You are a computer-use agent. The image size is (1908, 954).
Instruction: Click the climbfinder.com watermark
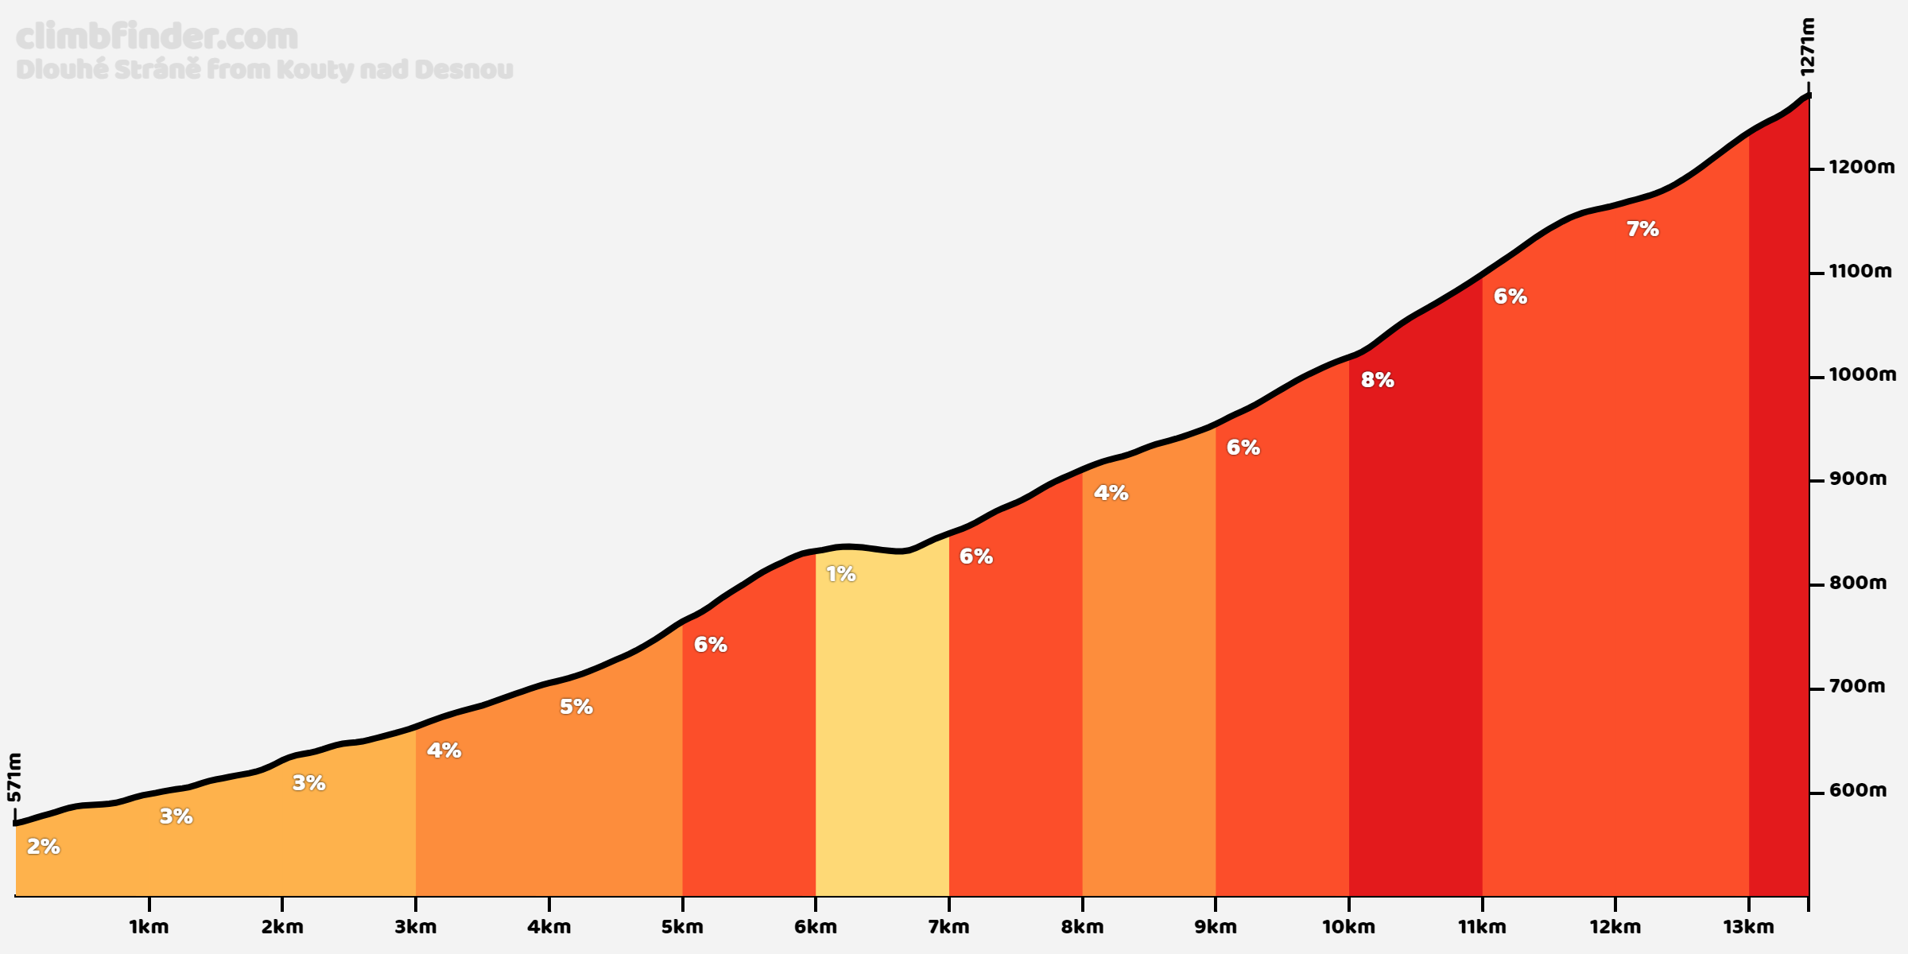157,37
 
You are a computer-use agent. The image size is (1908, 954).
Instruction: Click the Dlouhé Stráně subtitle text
264,70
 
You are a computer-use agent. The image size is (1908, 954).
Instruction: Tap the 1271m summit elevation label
1807,48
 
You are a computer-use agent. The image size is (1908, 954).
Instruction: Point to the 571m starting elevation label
14,778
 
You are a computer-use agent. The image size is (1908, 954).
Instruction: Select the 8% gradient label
1377,380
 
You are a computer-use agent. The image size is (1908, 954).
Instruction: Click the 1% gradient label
840,574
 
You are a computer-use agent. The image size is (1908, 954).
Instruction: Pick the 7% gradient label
1642,229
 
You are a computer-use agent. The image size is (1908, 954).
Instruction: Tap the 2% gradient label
43,847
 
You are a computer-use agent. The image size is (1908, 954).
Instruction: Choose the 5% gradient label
576,707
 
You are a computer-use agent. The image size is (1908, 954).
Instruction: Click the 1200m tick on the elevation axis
1816,169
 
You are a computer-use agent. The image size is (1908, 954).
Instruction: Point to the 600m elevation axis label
1857,790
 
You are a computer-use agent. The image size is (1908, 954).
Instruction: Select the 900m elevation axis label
1857,479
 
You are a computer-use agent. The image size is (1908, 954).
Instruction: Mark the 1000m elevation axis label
1862,374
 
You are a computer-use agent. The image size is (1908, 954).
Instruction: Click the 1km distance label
149,926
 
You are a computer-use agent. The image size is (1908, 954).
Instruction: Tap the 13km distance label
1748,926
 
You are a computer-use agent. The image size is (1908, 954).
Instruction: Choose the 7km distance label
948,926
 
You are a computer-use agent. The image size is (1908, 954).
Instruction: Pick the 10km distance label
1348,926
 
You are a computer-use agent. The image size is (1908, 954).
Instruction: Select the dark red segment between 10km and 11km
1415,636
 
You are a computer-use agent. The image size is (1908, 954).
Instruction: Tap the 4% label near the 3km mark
444,750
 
